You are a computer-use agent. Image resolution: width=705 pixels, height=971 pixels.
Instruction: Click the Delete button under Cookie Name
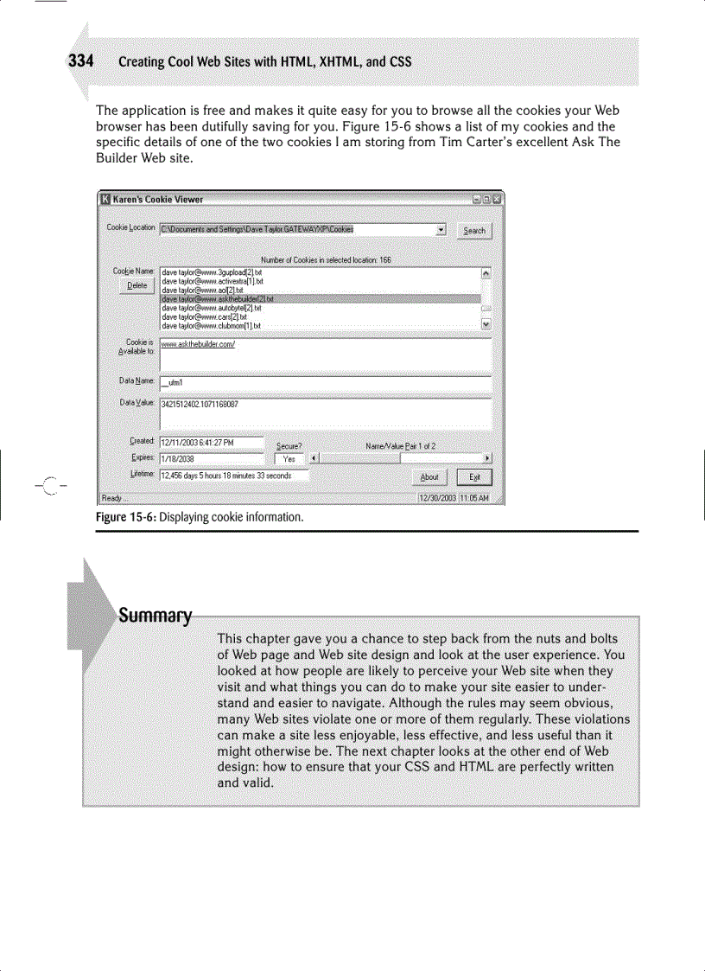[137, 285]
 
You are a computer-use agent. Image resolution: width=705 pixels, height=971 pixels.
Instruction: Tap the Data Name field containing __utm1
[325, 382]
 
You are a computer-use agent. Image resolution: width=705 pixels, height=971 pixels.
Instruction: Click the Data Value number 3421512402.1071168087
[200, 404]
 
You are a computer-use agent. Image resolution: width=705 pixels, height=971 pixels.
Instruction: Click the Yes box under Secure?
[289, 459]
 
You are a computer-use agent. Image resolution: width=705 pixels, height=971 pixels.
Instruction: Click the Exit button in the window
[474, 476]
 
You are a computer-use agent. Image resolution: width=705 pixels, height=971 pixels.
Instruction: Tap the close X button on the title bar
[497, 199]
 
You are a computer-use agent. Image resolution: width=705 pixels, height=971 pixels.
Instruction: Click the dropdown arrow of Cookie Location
[441, 230]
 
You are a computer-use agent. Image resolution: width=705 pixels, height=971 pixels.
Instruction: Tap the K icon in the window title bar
[105, 199]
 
